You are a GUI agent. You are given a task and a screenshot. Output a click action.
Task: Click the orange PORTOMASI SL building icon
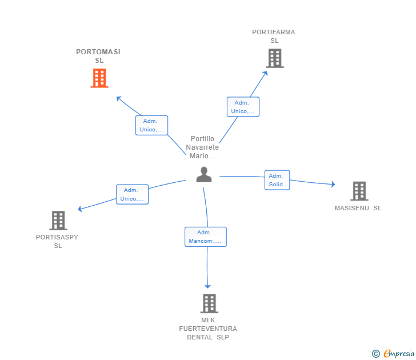[99, 78]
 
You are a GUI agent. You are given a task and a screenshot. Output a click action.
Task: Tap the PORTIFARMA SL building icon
[275, 58]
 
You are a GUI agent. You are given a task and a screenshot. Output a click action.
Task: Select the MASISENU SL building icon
[359, 191]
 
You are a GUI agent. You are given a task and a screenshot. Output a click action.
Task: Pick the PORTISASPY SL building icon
[58, 220]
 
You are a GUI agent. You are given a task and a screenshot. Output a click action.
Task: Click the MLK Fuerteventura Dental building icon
[209, 303]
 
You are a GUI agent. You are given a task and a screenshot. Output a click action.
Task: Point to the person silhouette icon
[204, 174]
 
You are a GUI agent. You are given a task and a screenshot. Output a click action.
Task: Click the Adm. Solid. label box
[277, 180]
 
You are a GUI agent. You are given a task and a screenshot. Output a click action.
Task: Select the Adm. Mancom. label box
[206, 237]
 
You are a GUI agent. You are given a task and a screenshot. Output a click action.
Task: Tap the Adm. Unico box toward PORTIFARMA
[243, 107]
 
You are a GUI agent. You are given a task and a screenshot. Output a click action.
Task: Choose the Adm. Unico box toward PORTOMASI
[152, 125]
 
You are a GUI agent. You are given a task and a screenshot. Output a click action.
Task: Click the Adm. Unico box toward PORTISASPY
[132, 194]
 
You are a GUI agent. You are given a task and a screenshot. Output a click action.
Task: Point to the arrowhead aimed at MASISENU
[333, 184]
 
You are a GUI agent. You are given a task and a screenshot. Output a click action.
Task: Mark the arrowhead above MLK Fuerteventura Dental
[207, 286]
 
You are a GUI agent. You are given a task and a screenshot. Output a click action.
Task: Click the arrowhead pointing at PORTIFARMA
[265, 73]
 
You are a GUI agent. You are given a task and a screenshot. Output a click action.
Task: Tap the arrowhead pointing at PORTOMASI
[119, 98]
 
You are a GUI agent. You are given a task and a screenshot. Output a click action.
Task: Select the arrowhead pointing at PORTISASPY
[79, 209]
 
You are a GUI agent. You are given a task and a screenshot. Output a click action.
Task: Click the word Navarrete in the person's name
[202, 147]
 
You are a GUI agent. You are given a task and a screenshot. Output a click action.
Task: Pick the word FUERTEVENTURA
[208, 329]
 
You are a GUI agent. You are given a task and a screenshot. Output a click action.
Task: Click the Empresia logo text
[399, 354]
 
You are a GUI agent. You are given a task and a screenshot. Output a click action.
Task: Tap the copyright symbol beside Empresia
[375, 354]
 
